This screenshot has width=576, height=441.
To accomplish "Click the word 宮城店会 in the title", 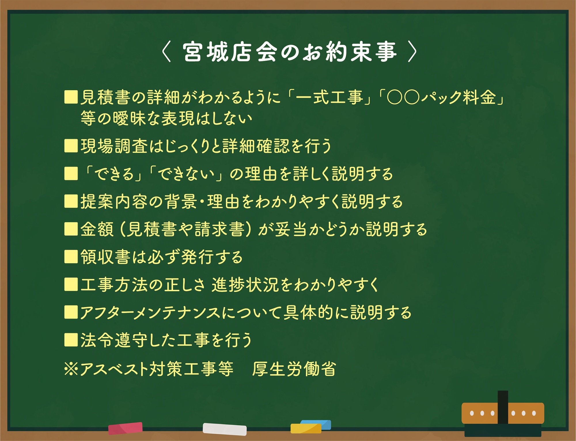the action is pyautogui.click(x=230, y=52).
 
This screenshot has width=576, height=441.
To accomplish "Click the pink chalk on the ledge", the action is pyautogui.click(x=125, y=428).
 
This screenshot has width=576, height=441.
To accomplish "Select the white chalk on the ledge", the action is pyautogui.click(x=225, y=429).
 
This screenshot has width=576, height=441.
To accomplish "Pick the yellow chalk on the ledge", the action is pyautogui.click(x=306, y=428).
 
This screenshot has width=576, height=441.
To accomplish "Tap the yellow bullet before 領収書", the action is pyautogui.click(x=71, y=257).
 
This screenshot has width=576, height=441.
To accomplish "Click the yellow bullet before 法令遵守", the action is pyautogui.click(x=71, y=340).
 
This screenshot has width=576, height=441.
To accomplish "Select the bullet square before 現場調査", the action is pyautogui.click(x=71, y=146).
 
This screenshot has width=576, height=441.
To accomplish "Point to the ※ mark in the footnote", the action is pyautogui.click(x=71, y=369).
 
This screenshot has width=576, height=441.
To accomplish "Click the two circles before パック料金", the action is pyautogui.click(x=403, y=97).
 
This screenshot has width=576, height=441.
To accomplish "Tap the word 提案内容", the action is pyautogui.click(x=114, y=201).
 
